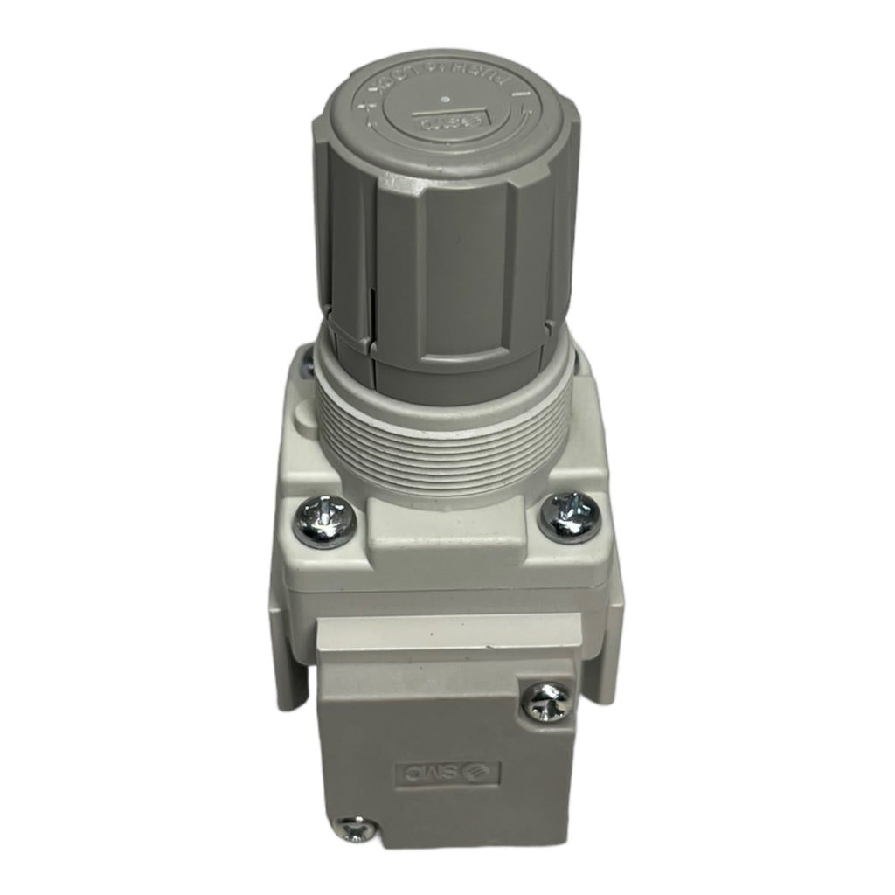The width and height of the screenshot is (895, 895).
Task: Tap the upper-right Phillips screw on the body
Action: pos(569,515)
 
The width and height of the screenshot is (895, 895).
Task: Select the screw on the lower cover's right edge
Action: pos(547,700)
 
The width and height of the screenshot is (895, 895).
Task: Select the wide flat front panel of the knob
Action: pos(463,280)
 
